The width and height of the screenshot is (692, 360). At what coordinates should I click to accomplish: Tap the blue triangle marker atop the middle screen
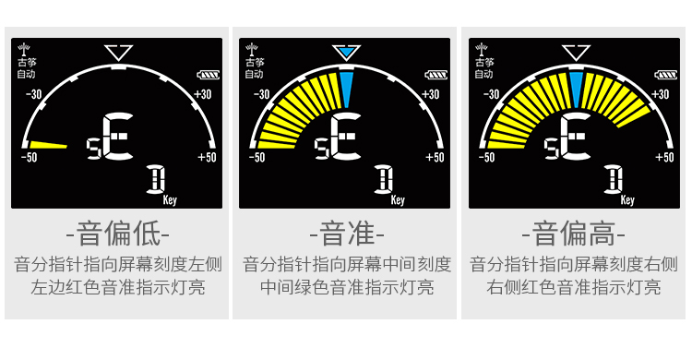tap(346, 54)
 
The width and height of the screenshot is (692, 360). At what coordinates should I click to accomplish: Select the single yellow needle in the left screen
tap(49, 144)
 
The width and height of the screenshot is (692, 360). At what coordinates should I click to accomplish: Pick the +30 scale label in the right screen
tap(662, 93)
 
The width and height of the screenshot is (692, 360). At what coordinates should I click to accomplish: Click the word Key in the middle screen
tap(399, 198)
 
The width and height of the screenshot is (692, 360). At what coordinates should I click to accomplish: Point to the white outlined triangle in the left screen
tap(118, 53)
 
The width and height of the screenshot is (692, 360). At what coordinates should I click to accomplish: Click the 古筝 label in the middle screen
tap(253, 63)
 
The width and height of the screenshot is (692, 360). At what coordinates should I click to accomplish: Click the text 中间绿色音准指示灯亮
tap(347, 287)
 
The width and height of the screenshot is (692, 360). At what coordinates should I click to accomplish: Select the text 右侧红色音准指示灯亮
tap(574, 287)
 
